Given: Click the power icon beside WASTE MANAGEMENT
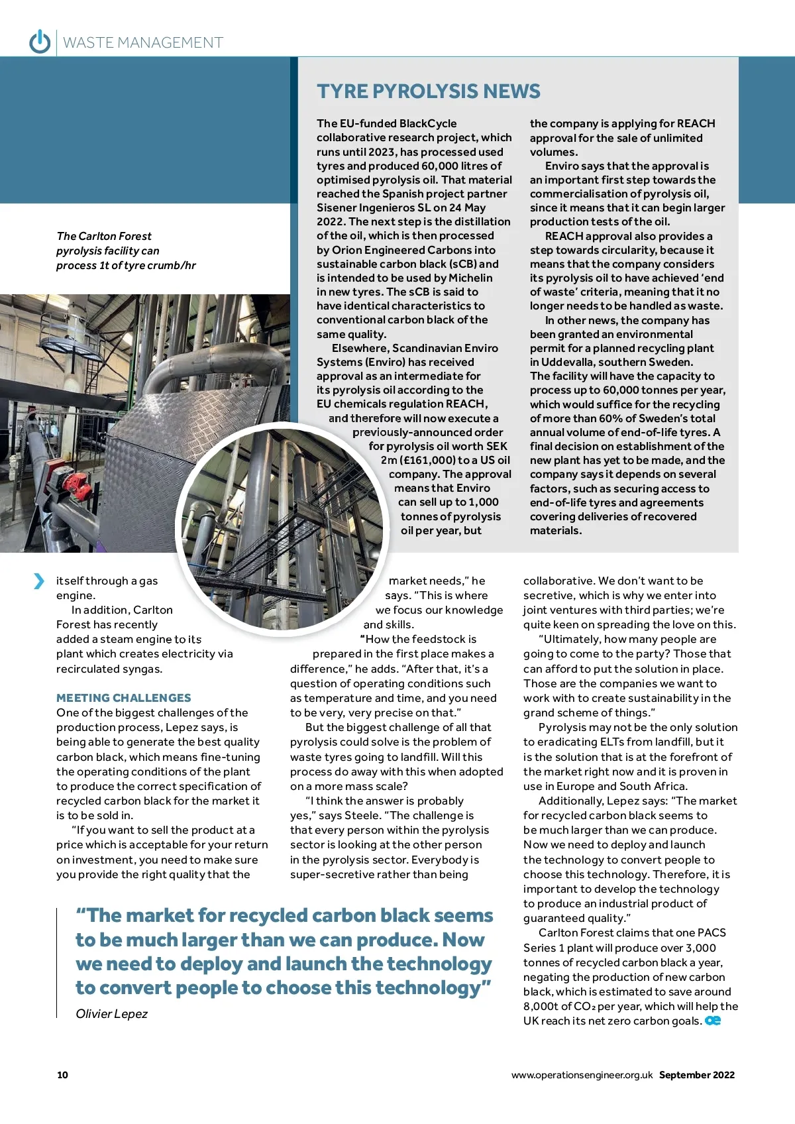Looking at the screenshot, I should click(x=40, y=42).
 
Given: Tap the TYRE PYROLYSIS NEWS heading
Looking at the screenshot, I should click(x=428, y=91).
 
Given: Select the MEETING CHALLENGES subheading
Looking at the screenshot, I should click(x=123, y=698).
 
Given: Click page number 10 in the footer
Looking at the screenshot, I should click(x=62, y=1075).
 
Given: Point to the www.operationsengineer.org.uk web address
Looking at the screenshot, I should click(x=582, y=1075).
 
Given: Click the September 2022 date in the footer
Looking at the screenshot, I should click(x=696, y=1075).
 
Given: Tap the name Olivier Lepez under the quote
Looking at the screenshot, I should click(x=111, y=1013).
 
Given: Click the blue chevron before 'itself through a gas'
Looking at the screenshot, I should click(x=39, y=581).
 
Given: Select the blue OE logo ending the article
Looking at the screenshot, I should click(x=713, y=1021).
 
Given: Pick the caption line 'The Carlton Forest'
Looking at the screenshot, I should click(x=104, y=236).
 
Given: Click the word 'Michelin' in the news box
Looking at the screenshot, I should click(x=470, y=278).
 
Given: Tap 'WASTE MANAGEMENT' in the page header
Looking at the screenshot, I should click(x=143, y=43).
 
